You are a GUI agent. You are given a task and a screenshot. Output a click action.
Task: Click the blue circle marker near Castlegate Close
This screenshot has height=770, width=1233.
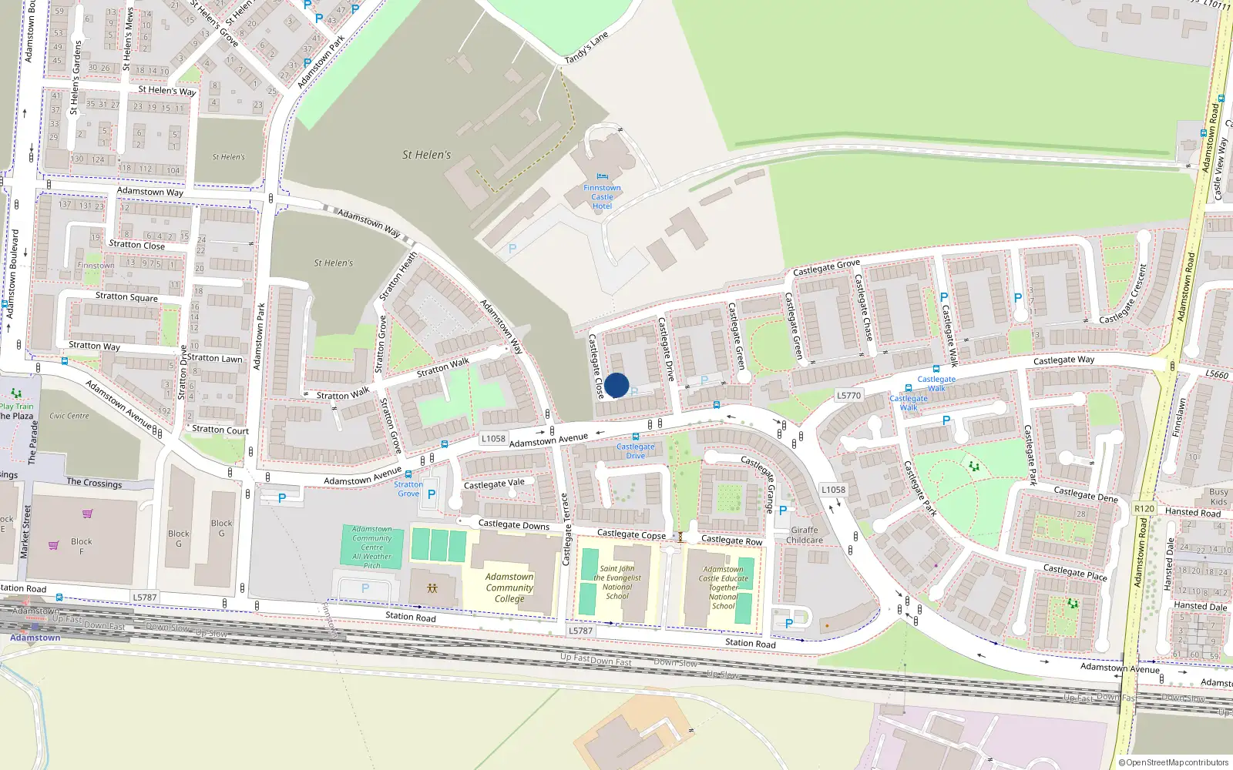pos(616,385)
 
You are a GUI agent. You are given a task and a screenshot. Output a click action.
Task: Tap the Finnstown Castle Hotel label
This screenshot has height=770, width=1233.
pos(602,197)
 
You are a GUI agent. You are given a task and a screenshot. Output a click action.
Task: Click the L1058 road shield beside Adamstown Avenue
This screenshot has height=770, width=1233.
pos(493,439)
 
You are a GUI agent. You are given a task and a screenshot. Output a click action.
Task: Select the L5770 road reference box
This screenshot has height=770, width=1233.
pos(848,395)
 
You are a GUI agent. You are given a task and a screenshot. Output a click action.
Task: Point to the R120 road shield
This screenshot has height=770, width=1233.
pos(1144,508)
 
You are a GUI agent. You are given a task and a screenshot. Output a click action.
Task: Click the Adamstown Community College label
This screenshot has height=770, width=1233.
pos(509,588)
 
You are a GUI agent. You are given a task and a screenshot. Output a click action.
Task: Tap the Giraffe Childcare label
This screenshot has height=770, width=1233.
pos(805,535)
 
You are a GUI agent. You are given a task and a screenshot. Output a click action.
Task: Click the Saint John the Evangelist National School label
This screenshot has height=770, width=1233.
pos(616,582)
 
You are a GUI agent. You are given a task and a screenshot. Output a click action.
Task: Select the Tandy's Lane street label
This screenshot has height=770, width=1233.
pos(586,49)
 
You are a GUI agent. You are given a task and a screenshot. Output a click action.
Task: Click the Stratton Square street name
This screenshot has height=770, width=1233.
pos(126,296)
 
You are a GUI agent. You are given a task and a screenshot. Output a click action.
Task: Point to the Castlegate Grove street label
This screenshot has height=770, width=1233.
pos(826,267)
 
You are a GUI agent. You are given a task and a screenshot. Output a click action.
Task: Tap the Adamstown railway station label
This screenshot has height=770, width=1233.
pos(35,638)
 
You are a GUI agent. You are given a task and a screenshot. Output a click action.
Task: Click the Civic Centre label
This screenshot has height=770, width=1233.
pos(69,416)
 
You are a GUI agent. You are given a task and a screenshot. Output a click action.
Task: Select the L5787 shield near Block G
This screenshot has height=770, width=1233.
pos(144,597)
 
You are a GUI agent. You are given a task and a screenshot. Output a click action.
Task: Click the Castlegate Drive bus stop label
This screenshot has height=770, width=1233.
pos(635,451)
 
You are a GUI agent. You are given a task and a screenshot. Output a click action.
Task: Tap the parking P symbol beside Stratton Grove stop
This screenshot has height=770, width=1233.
pos(432,494)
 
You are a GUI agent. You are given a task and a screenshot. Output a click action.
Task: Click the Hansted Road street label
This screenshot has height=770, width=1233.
pos(1192,512)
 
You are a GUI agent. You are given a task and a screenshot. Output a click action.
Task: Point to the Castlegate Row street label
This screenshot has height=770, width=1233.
pos(731,541)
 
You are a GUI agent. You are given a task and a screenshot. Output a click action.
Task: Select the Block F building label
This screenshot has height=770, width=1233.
pos(81,546)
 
